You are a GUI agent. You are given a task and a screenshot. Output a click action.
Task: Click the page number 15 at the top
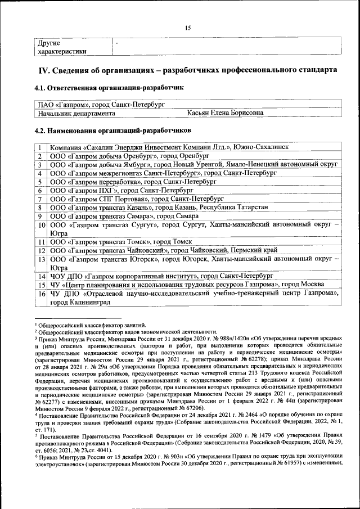(x=188, y=28)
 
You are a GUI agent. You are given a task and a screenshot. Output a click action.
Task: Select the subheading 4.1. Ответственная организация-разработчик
(x=109, y=88)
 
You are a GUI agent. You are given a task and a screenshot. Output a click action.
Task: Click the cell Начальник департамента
(x=76, y=113)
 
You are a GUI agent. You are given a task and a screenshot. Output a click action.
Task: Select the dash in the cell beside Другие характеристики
(x=116, y=43)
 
